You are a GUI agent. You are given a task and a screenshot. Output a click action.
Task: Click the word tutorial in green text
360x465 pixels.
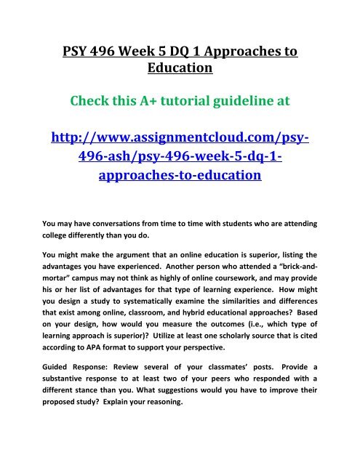pyautogui.click(x=177, y=123)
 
